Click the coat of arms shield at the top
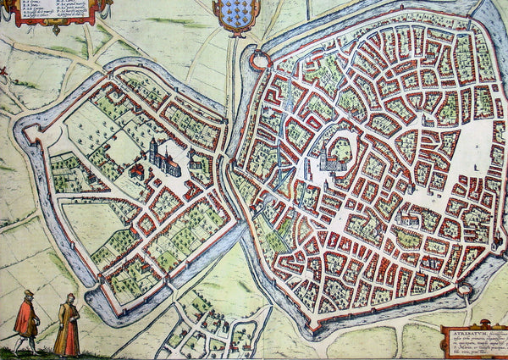pyautogui.click(x=236, y=14)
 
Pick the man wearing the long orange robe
pyautogui.click(x=68, y=327)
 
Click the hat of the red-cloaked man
pyautogui.click(x=28, y=293)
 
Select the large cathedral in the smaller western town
pyautogui.click(x=163, y=159)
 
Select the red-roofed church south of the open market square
pyautogui.click(x=406, y=219)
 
